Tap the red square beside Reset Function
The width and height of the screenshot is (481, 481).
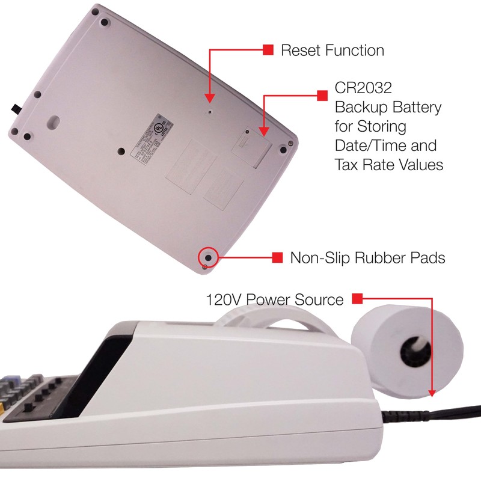pyautogui.click(x=268, y=49)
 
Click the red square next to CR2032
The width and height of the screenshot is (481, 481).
pyautogui.click(x=321, y=94)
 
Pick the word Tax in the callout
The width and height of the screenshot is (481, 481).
pyautogui.click(x=347, y=165)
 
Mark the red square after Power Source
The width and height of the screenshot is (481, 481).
pyautogui.click(x=357, y=298)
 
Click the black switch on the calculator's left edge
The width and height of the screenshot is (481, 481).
pyautogui.click(x=15, y=109)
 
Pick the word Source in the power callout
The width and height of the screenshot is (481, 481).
pyautogui.click(x=323, y=299)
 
